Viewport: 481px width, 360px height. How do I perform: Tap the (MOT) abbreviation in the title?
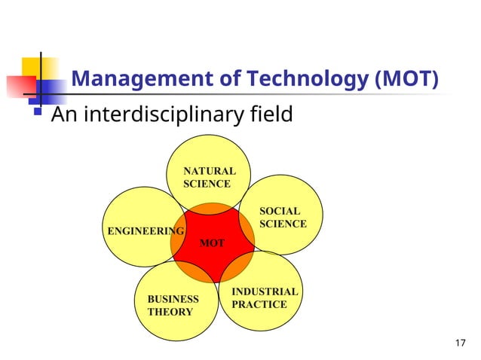[406, 79]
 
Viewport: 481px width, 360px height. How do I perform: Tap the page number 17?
[461, 344]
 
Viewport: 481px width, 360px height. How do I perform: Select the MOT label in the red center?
[212, 243]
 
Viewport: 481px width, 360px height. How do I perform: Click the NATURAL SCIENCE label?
[210, 178]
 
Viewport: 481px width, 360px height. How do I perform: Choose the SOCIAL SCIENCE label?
[283, 218]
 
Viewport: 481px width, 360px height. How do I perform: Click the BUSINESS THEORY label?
[173, 305]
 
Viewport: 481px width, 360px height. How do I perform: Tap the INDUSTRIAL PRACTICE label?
[264, 297]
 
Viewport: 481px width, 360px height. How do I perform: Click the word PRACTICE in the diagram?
[259, 304]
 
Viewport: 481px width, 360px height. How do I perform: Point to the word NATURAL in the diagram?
[210, 171]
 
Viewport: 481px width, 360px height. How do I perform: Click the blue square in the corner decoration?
[49, 89]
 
